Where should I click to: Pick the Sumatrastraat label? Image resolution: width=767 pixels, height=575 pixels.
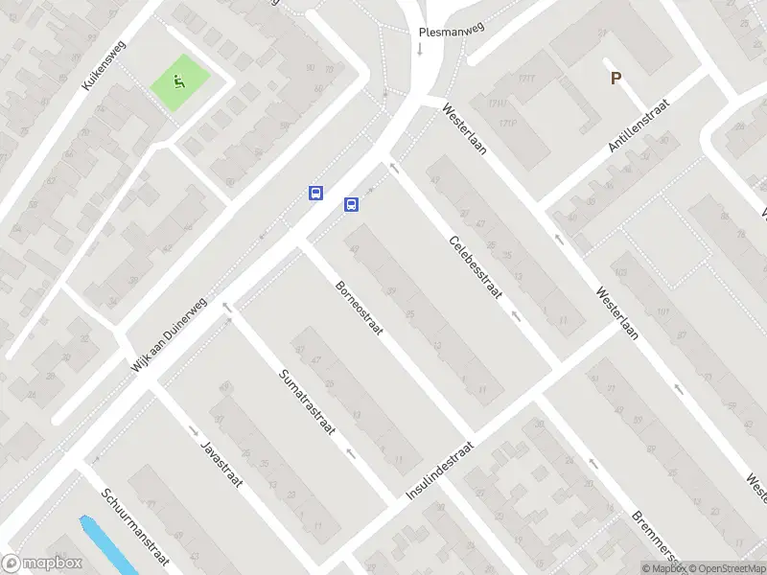click(306, 402)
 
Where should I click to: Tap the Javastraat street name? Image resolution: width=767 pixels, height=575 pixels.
click(221, 464)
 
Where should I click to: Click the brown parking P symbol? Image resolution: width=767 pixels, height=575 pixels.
click(616, 79)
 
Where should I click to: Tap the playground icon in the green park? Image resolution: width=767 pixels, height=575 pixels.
click(179, 81)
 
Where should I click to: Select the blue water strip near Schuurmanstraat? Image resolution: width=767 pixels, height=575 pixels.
click(105, 545)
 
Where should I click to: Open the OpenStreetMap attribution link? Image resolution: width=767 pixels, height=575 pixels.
click(727, 568)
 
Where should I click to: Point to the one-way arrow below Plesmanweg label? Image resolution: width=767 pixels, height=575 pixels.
click(419, 48)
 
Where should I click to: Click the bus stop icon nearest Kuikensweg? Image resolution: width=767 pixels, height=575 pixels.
click(314, 193)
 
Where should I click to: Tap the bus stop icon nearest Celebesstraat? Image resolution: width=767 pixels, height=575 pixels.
click(352, 203)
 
